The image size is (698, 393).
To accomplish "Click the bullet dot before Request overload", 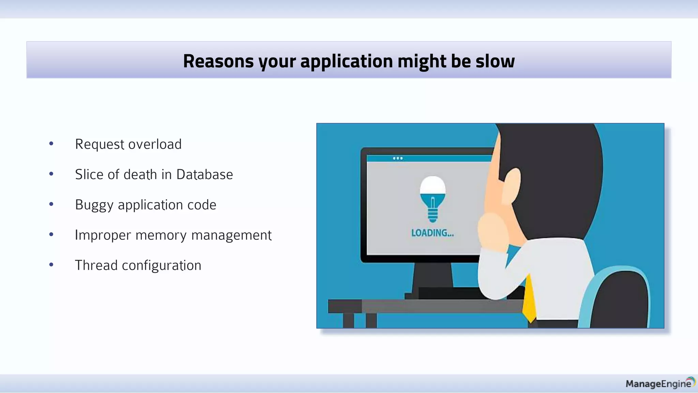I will coord(51,144).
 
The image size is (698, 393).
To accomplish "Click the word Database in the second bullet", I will coord(204,175).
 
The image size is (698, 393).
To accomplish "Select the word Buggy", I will coord(94,205).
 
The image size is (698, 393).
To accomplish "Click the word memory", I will coord(161,235).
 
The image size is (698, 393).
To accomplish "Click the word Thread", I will coord(96,265).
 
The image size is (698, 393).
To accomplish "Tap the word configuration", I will coord(162,266).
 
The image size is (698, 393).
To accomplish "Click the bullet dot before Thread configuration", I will coord(51,265).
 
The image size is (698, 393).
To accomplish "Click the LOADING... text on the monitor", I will coord(432,233).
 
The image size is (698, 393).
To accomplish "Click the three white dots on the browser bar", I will coord(398,158).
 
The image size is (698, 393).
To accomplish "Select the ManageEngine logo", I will coord(660,383).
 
